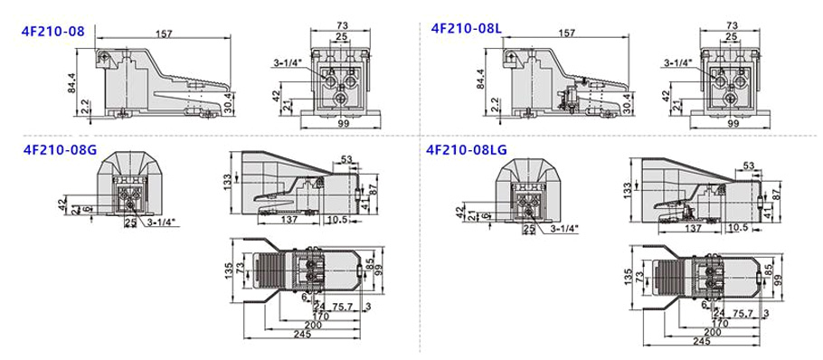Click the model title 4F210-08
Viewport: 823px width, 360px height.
52,31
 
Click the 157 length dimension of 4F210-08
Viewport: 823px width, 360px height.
165,33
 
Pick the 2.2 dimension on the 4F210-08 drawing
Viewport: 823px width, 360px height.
83,106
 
